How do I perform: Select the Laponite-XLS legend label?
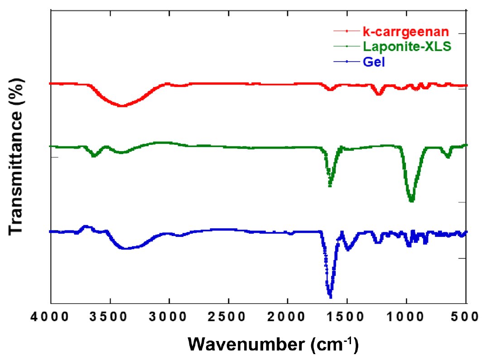click(x=407, y=47)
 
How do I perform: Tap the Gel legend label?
click(x=374, y=62)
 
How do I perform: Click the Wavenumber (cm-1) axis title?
click(x=273, y=344)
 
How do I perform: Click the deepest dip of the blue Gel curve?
click(x=330, y=297)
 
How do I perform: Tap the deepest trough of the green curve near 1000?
click(x=411, y=201)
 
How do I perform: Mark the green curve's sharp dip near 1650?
click(x=330, y=185)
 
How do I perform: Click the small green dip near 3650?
click(x=94, y=156)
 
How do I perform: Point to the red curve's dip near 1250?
click(x=379, y=94)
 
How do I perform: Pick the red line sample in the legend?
click(x=346, y=31)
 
